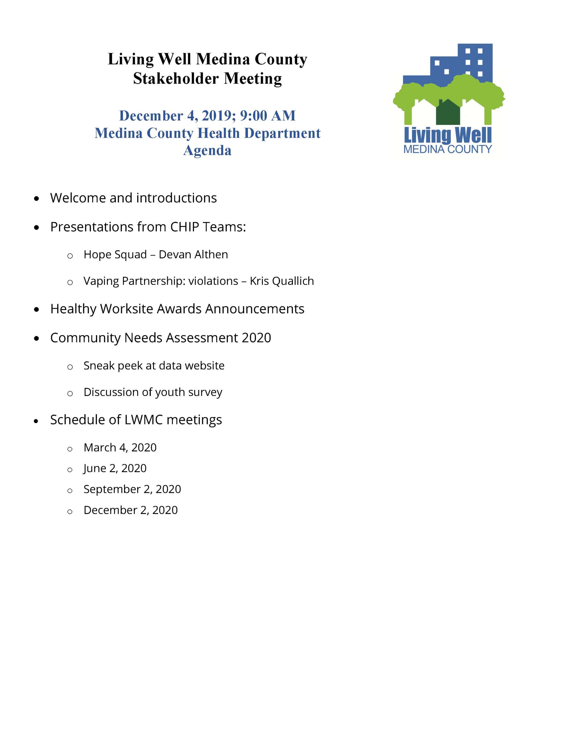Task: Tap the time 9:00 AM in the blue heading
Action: point(268,116)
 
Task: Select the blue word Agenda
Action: point(207,150)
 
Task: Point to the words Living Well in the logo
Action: point(448,135)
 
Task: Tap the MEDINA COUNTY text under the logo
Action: point(448,149)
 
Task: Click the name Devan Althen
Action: point(193,254)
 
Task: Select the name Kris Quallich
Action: point(282,281)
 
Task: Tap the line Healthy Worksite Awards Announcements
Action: point(177,308)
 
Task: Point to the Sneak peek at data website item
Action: point(154,365)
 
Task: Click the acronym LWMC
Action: point(144,420)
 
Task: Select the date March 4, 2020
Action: point(120,447)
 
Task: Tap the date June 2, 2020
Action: point(115,468)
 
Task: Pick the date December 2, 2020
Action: point(130,510)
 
